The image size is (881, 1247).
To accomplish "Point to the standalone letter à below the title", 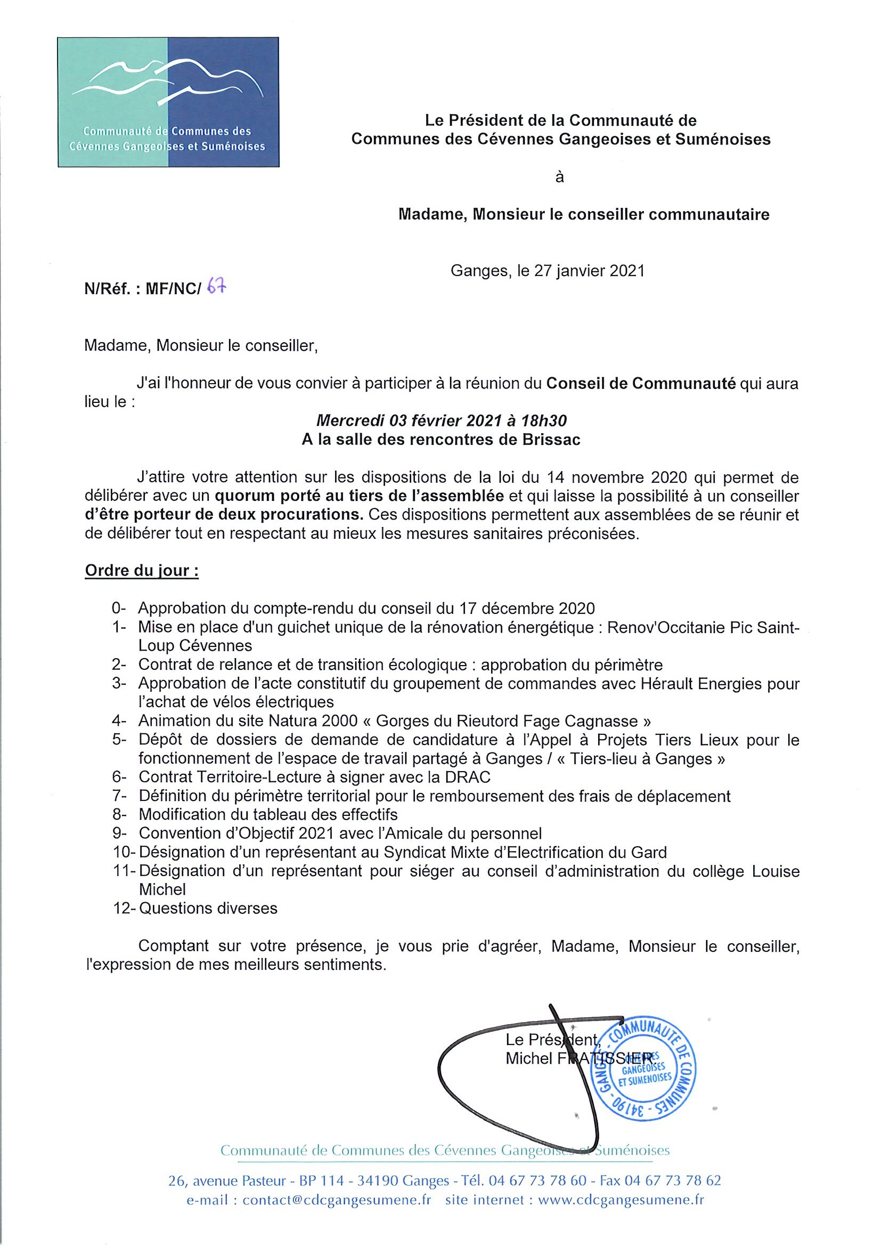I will coord(560,177).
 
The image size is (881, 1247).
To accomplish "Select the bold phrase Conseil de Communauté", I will coord(641,384).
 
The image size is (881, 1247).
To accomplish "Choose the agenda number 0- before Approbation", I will coord(119,608).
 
